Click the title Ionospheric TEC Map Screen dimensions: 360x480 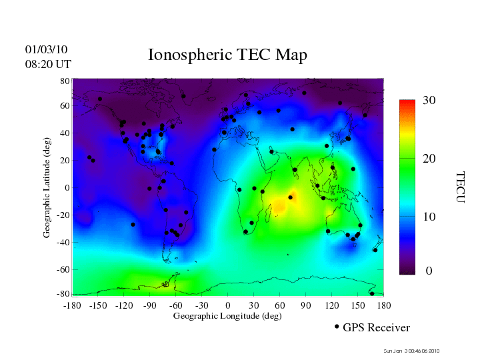pyautogui.click(x=227, y=55)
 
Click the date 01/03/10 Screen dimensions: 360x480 pyautogui.click(x=46, y=49)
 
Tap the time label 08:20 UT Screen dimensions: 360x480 pyautogui.click(x=48, y=64)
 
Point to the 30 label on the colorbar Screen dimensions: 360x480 pyautogui.click(x=429, y=101)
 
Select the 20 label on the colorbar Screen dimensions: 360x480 pyautogui.click(x=429, y=160)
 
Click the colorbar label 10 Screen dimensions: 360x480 pyautogui.click(x=429, y=217)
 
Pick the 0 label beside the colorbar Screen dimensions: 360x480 pyautogui.click(x=429, y=271)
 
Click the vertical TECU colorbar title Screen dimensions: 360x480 pyautogui.click(x=460, y=186)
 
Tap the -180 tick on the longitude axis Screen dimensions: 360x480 pyautogui.click(x=72, y=305)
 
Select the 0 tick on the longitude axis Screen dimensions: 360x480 pyautogui.click(x=228, y=305)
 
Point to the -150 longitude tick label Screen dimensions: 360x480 pyautogui.click(x=98, y=305)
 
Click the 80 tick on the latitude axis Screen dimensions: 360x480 pyautogui.click(x=65, y=81)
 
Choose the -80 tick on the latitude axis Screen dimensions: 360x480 pyautogui.click(x=64, y=294)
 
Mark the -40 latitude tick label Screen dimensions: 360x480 pyautogui.click(x=64, y=243)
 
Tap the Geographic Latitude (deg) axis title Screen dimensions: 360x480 pyautogui.click(x=47, y=193)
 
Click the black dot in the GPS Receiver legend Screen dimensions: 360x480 pyautogui.click(x=337, y=327)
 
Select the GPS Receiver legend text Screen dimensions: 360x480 pyautogui.click(x=376, y=327)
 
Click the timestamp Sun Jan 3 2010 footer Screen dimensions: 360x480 pyautogui.click(x=411, y=351)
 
